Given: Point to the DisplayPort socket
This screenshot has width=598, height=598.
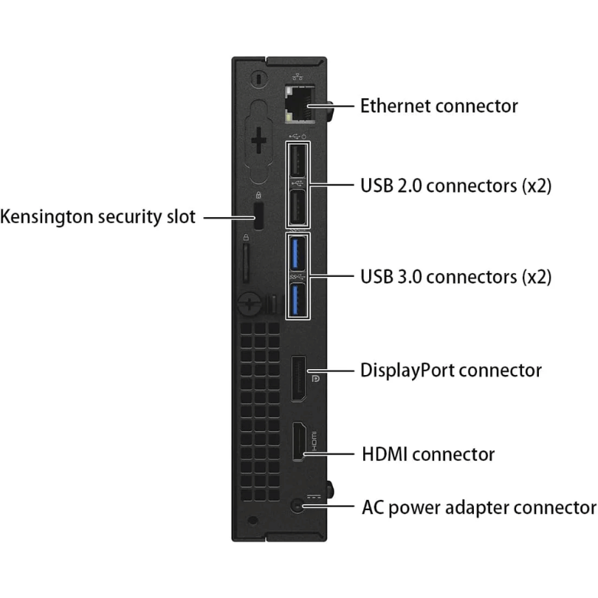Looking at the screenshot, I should [298, 379].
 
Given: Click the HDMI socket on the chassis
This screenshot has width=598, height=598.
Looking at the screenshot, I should [300, 441].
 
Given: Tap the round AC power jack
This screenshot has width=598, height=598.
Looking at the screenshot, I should [298, 506].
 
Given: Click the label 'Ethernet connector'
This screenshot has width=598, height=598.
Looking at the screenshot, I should [439, 106].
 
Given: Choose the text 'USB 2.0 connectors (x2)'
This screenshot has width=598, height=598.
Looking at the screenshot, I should [456, 185].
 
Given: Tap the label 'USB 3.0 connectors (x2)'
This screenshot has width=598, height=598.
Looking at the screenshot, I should [456, 277].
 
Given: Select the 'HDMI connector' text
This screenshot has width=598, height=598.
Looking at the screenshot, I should [428, 453].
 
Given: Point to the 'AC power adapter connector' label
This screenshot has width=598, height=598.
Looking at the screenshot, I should [478, 508].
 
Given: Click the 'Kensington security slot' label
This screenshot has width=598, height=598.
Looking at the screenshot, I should [98, 217].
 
